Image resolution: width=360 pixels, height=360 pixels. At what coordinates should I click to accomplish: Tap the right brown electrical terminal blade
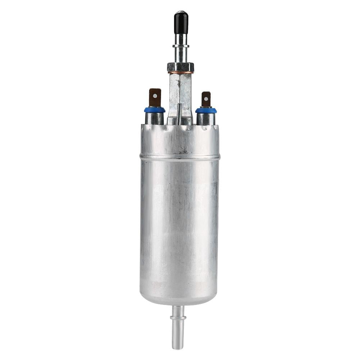(206, 99)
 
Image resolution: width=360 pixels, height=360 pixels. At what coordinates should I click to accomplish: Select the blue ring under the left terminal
(155, 110)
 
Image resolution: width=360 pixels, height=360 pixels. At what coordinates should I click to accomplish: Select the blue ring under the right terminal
(206, 110)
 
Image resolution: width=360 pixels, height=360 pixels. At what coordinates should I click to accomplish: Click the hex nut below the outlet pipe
(181, 67)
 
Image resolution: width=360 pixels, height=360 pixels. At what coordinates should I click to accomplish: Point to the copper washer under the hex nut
(181, 73)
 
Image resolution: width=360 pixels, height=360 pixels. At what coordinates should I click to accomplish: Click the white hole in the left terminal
(155, 96)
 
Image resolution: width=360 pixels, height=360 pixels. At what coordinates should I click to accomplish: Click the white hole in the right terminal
(206, 98)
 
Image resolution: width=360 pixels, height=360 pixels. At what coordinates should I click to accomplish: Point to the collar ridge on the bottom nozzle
(178, 318)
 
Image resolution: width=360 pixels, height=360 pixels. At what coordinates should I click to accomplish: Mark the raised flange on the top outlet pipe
(181, 46)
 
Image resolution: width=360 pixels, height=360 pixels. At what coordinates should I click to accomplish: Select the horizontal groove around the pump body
(180, 157)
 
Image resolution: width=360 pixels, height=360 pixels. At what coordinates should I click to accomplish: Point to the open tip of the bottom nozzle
(178, 347)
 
